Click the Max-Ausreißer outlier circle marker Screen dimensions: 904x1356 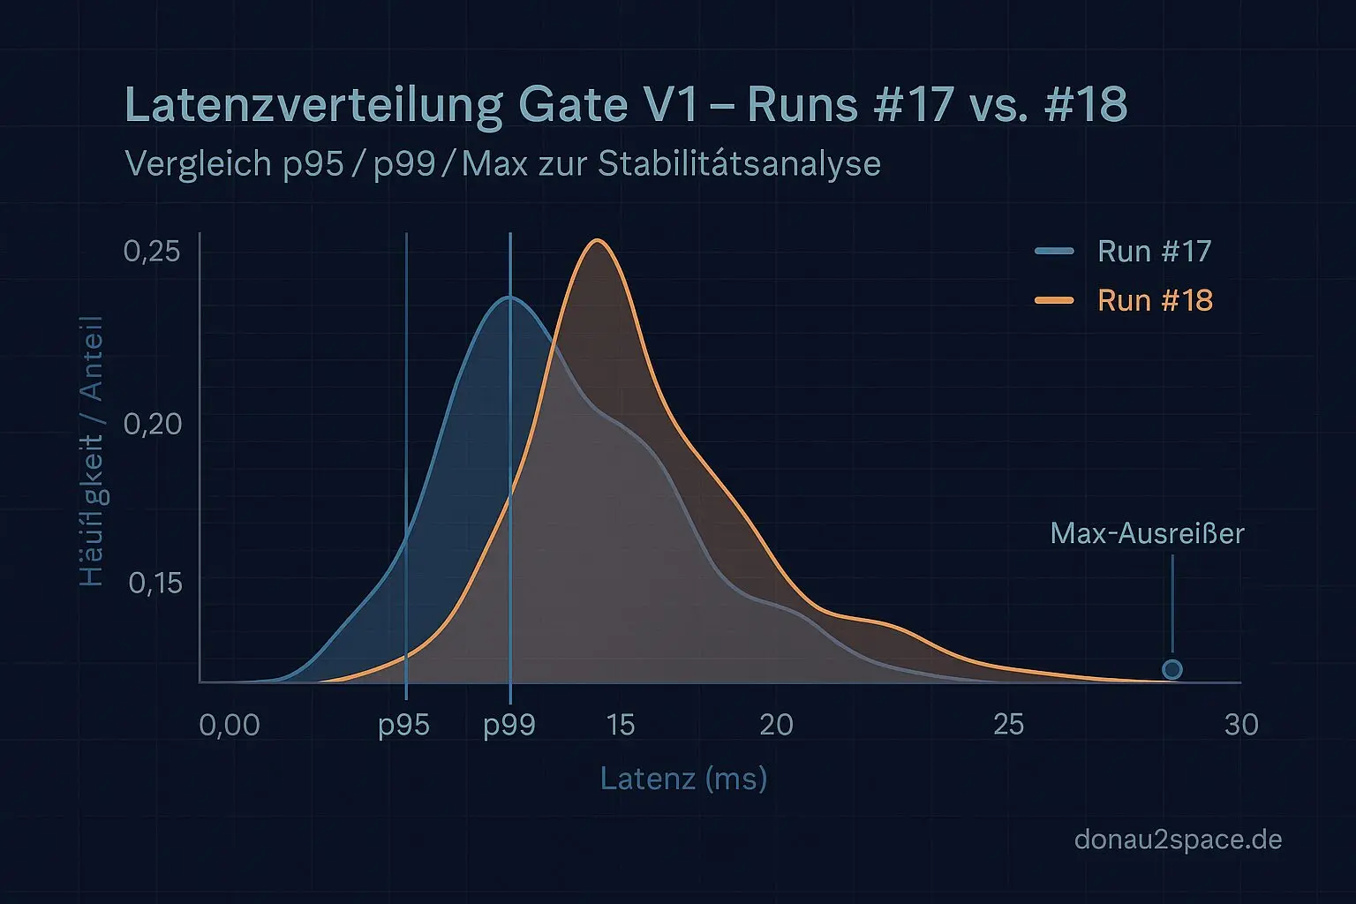tap(1171, 669)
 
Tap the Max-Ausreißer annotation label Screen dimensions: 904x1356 tap(1147, 533)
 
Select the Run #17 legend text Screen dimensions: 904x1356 tap(1154, 252)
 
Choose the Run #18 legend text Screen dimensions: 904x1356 tap(1154, 301)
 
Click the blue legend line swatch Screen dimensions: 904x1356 tap(1054, 252)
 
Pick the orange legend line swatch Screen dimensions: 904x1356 tap(1054, 301)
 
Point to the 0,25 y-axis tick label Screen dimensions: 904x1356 tap(152, 252)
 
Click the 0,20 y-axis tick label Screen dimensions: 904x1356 tap(152, 424)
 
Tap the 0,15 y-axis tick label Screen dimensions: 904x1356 tap(155, 583)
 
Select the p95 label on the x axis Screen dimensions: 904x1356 tap(403, 725)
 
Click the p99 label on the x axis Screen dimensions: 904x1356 tap(509, 725)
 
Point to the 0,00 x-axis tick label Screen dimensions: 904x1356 tap(230, 725)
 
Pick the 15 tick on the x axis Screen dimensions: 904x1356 tap(621, 725)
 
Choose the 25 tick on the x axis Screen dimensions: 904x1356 tap(1008, 725)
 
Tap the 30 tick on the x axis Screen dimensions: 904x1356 tap(1241, 725)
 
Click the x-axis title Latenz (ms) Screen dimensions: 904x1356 tap(683, 779)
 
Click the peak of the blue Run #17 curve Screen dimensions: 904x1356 tap(509, 298)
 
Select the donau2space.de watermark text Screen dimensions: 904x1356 tap(1178, 839)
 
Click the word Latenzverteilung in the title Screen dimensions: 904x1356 tap(313, 104)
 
